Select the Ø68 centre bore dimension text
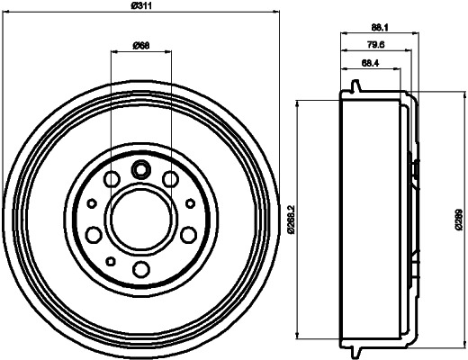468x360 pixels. click(141, 45)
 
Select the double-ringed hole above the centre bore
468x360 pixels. click(140, 168)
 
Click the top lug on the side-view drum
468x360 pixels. click(356, 87)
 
